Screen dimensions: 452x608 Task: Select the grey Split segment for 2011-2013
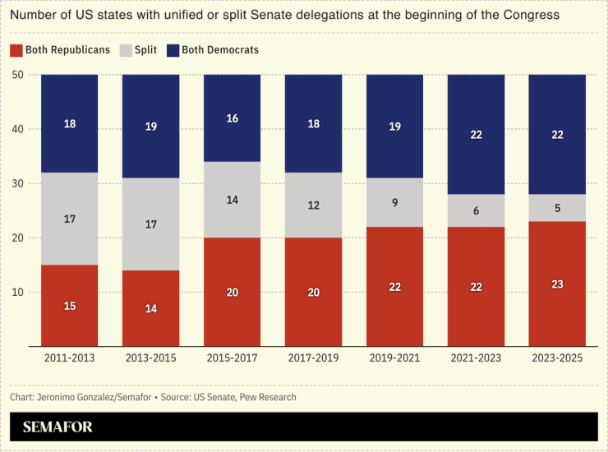pos(70,219)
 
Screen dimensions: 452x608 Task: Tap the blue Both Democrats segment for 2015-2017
pos(233,118)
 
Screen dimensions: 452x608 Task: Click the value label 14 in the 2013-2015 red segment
pos(151,309)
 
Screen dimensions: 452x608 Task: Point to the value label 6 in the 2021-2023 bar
pos(476,210)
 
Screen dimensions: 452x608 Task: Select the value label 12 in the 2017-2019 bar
pos(313,205)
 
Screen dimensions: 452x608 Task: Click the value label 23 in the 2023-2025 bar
pos(557,284)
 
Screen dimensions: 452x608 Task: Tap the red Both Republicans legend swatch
pos(16,50)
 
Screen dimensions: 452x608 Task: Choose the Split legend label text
pos(145,50)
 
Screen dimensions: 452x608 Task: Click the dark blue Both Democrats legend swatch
pos(172,50)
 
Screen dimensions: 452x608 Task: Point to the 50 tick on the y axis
pos(21,75)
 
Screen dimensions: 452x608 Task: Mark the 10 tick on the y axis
pos(21,293)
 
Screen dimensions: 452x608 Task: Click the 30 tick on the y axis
pos(21,183)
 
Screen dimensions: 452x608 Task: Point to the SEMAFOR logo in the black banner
pos(58,427)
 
